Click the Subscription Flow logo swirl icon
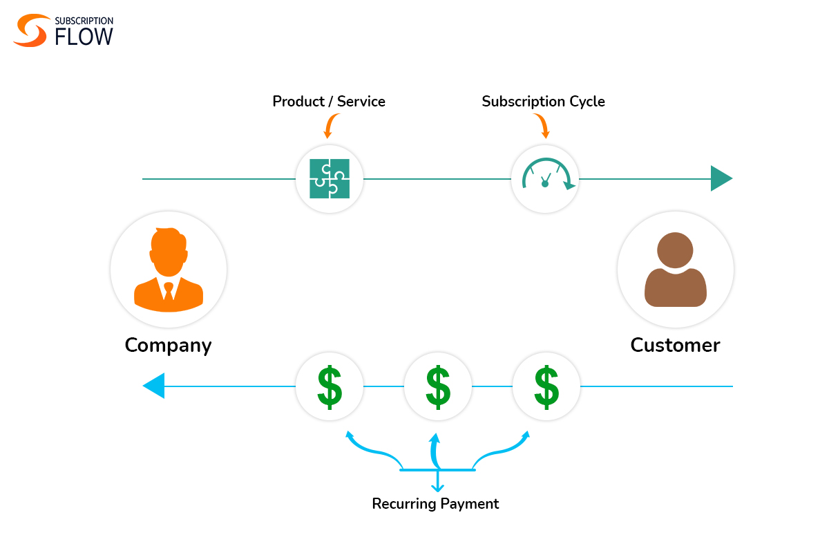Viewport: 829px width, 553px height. (30, 31)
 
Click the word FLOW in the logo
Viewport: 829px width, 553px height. (84, 37)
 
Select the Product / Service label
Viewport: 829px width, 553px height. (329, 102)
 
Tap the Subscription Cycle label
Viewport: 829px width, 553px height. (543, 102)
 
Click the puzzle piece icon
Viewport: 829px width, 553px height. (330, 179)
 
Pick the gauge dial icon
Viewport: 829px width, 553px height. (545, 177)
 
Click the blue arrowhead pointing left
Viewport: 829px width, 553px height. (154, 386)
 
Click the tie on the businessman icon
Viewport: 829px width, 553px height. (169, 290)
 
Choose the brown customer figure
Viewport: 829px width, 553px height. (675, 270)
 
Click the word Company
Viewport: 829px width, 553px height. (168, 345)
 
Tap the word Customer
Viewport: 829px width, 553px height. (675, 345)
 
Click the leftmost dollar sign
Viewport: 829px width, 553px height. (330, 386)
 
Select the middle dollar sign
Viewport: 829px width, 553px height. (438, 386)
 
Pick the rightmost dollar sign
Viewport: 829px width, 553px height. (546, 386)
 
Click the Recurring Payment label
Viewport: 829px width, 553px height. (435, 504)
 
